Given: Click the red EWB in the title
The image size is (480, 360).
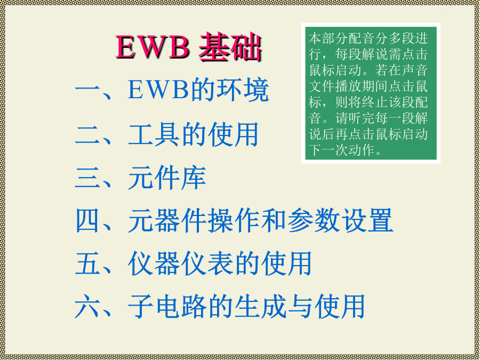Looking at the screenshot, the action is [x=152, y=47].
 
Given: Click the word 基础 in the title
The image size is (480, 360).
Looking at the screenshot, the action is [x=230, y=47].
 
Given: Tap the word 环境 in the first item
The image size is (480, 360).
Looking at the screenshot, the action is [x=243, y=90].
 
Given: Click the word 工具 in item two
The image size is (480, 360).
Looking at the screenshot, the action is [x=154, y=134].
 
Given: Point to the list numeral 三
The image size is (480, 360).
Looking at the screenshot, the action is [x=87, y=178].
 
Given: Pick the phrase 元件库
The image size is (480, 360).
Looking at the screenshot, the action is [x=167, y=178].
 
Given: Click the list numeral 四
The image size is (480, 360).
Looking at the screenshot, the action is [x=87, y=220].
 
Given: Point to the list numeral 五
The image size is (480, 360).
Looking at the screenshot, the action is [x=87, y=263].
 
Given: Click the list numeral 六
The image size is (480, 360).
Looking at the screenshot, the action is [x=87, y=306].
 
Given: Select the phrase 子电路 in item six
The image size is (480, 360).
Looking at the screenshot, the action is [x=167, y=306].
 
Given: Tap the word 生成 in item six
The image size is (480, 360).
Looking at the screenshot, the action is [x=260, y=306].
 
